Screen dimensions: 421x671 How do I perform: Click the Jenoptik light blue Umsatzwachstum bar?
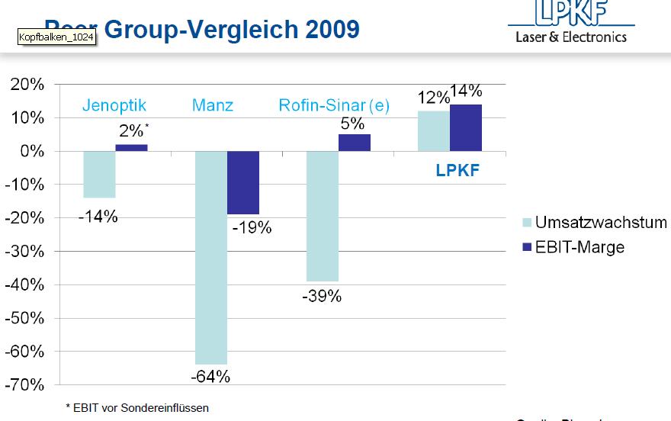pos(99,174)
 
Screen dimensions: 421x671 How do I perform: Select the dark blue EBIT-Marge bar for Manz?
pos(243,182)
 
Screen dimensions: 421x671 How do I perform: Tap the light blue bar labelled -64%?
pos(211,257)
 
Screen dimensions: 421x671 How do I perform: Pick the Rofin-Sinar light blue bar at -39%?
pos(323,216)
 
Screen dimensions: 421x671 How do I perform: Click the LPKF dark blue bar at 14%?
pos(466,128)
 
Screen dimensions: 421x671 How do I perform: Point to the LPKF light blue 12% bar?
pos(434,131)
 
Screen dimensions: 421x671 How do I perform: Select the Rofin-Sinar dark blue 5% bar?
pos(355,143)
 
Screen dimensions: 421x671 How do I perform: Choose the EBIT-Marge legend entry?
pos(579,246)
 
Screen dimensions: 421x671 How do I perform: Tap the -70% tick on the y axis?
pos(26,384)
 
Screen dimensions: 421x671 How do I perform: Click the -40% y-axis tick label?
pos(26,284)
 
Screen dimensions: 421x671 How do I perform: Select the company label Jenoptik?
pos(114,106)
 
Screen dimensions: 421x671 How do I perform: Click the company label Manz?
pos(212,106)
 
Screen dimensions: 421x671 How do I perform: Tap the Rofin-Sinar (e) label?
pos(334,106)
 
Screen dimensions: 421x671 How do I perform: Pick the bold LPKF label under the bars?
pos(457,171)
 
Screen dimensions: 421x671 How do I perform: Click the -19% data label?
pos(252,227)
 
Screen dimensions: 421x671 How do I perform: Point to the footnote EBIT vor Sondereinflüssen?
pos(137,408)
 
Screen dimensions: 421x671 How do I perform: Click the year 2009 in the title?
pos(332,30)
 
